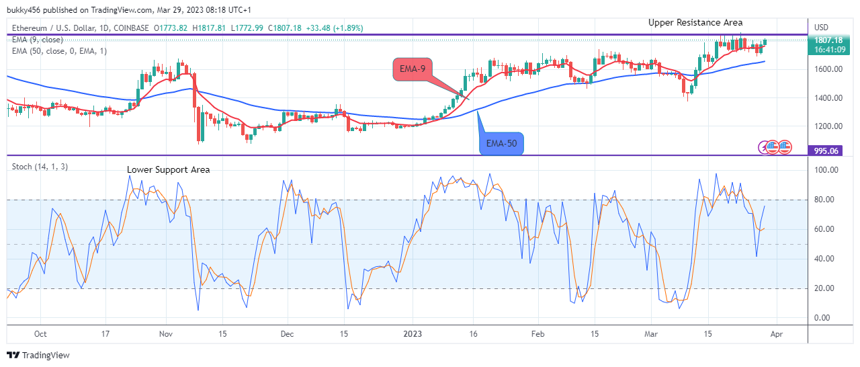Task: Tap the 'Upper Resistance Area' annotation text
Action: tap(695, 23)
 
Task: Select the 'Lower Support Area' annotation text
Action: tap(168, 170)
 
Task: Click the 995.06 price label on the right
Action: tap(826, 151)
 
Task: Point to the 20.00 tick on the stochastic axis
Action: tap(826, 288)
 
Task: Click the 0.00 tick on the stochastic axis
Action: tap(824, 318)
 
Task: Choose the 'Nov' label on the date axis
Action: tap(167, 333)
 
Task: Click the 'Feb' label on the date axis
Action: tap(537, 333)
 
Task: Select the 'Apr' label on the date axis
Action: tap(777, 333)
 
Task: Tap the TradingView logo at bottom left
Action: tap(38, 355)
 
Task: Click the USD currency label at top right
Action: tap(821, 28)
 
